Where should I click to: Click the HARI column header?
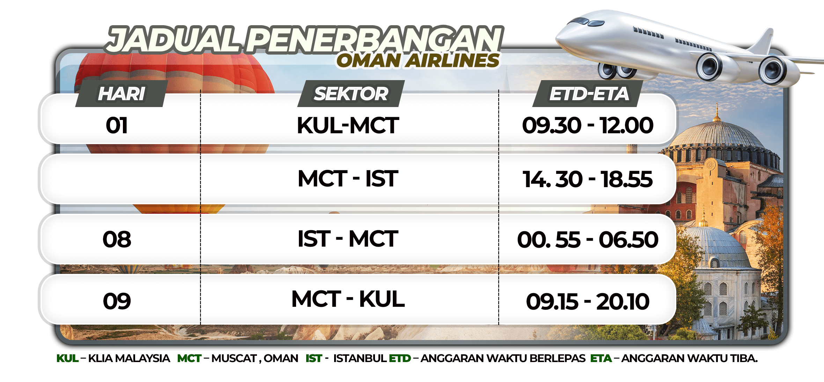(122, 93)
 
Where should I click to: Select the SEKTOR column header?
(351, 93)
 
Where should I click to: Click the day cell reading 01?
(117, 125)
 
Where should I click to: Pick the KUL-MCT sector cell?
(348, 125)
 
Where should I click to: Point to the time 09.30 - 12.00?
(588, 125)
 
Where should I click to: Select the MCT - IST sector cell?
(348, 178)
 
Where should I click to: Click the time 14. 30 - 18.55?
(588, 179)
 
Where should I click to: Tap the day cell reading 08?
(117, 240)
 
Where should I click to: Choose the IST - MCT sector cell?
(348, 239)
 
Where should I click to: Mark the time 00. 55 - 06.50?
(588, 240)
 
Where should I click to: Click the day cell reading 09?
(117, 301)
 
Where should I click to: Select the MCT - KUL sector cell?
(348, 299)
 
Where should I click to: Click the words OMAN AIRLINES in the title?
(418, 60)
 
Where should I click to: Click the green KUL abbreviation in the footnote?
(68, 359)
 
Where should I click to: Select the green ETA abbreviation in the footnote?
(601, 359)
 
